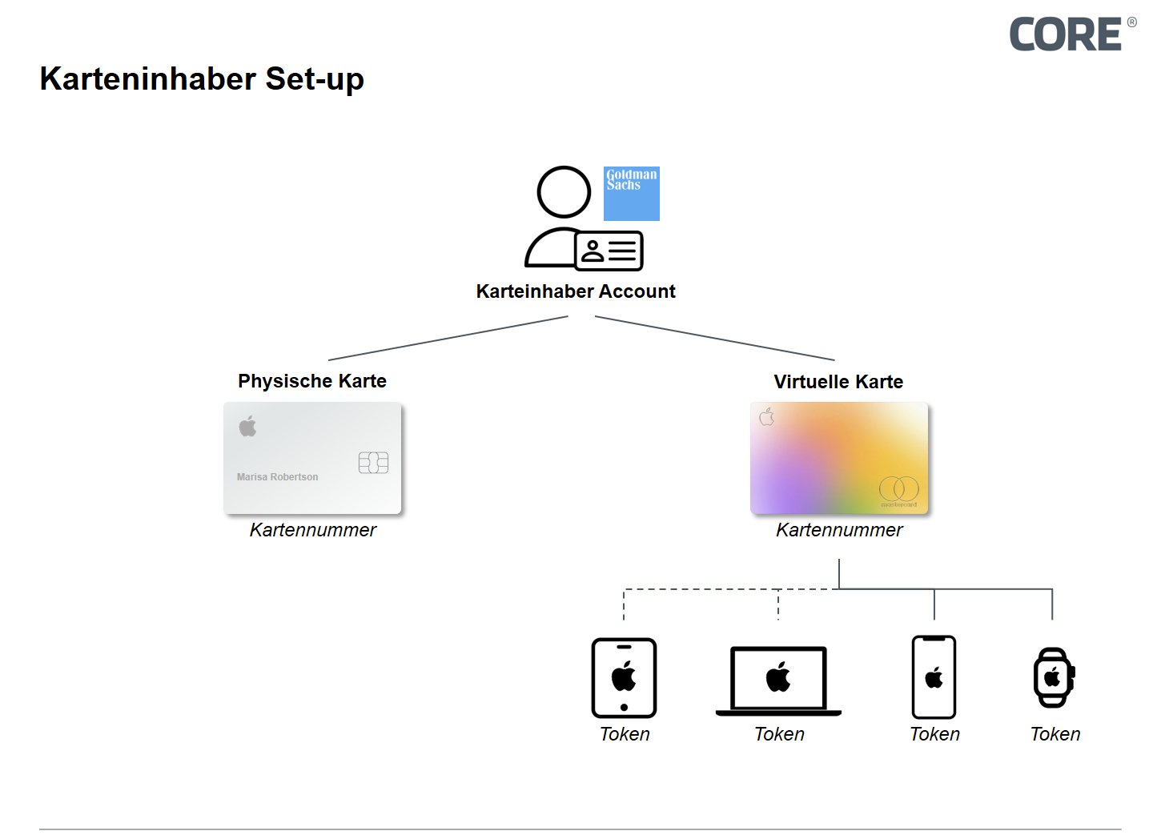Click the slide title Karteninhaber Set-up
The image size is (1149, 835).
point(202,78)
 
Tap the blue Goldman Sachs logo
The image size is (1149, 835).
point(631,194)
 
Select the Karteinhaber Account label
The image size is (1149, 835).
point(576,291)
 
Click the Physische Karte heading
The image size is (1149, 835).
point(312,381)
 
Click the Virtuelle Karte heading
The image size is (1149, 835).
point(838,382)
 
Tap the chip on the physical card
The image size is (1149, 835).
point(373,463)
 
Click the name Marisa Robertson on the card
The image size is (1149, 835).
point(277,477)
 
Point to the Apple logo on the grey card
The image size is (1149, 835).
point(248,427)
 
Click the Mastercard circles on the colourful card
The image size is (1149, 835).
point(898,488)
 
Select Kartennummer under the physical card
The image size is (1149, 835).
point(312,530)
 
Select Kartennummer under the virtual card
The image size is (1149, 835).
point(839,530)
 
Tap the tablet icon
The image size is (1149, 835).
point(624,678)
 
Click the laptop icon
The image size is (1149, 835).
point(778,680)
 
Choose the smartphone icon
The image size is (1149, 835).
point(934,677)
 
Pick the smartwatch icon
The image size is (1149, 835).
point(1053,677)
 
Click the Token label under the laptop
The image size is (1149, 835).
point(779,734)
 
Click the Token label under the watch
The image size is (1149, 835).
point(1055,734)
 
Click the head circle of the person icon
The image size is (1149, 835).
point(564,192)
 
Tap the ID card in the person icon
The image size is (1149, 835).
point(609,251)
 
